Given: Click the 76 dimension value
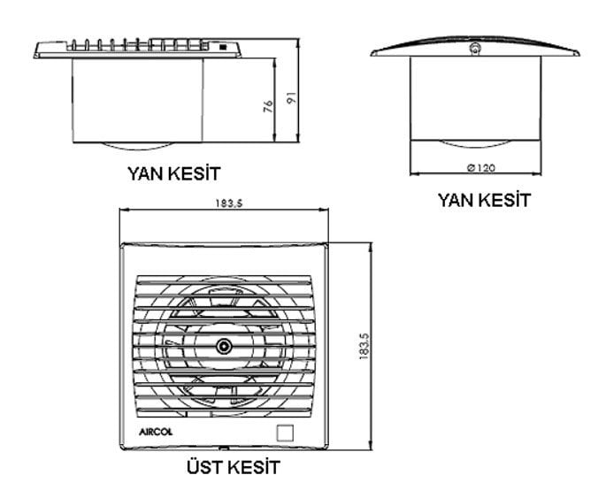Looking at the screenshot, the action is pos(269,106).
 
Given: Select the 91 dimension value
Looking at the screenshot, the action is pos(291,98).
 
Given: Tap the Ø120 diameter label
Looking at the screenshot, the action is pos(481,168).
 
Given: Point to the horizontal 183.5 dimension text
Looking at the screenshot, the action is pos(229,203).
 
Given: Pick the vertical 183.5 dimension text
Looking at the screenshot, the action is pos(364,346).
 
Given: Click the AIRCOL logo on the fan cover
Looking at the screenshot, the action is pos(156,432).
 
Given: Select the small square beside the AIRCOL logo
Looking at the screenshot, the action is pos(285,433).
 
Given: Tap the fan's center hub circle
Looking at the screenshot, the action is pos(223,347).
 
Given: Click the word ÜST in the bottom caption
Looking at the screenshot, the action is pos(202,467).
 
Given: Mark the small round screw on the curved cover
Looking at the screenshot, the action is pos(475,49).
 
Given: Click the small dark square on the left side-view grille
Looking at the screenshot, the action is pos(222,47).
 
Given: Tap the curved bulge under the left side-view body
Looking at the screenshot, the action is pos(138,146).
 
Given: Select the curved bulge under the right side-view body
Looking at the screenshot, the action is pos(475,144).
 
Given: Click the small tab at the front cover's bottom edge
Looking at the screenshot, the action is pos(224,448).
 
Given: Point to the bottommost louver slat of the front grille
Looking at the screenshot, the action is pos(225,410).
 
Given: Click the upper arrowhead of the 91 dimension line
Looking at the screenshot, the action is pos(298,42).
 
